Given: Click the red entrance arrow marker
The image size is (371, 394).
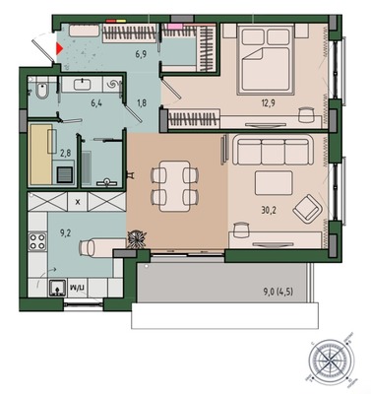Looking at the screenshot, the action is click(59, 48).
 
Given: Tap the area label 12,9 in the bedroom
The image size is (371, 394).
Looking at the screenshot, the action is click(268, 103).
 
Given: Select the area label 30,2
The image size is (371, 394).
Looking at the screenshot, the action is click(269, 210).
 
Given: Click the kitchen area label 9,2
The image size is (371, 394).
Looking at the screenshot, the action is click(65, 233).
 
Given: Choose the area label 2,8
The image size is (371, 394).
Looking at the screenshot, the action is click(66, 152).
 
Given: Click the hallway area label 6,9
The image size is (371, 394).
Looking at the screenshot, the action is click(141, 54).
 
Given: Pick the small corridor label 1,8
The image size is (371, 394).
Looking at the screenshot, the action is click(141, 103).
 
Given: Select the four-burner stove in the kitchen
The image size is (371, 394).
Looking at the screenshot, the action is click(37, 241).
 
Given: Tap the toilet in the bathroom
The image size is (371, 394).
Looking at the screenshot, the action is click(42, 91).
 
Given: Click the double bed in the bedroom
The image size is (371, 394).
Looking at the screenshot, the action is click(266, 60).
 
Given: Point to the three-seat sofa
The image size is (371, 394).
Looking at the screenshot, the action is click(273, 151).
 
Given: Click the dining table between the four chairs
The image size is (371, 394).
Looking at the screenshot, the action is click(174, 186).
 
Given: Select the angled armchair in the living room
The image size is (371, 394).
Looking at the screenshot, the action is click(308, 209).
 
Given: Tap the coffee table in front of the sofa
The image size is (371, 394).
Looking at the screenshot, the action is click(274, 183).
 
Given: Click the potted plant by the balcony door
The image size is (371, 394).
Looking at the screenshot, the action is click(137, 239).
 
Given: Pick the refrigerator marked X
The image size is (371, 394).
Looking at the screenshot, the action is click(78, 202).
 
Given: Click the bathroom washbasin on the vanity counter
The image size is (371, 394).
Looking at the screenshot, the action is click(82, 85).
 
